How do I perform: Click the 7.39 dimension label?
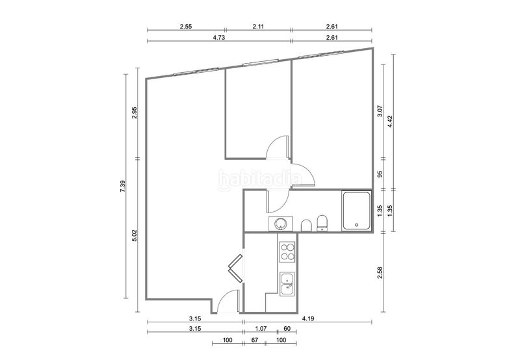tap(122, 186)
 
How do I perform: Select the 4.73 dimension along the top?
tap(219, 38)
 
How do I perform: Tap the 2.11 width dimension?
tap(258, 27)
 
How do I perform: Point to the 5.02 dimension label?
tap(135, 235)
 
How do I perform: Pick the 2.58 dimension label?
tap(380, 273)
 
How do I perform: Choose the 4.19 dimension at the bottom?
tap(308, 318)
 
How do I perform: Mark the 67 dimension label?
tap(255, 340)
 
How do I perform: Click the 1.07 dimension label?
tap(261, 329)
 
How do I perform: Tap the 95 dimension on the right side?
tap(380, 174)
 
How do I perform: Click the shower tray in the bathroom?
tap(356, 211)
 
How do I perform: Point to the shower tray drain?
tap(357, 225)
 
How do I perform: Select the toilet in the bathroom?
tap(322, 223)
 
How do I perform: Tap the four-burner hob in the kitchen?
tap(287, 251)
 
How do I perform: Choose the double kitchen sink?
tap(287, 284)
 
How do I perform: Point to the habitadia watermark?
tap(260, 179)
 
